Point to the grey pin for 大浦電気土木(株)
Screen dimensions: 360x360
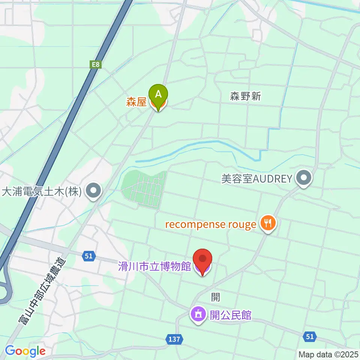click(x=94, y=191)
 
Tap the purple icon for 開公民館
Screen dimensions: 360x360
click(x=198, y=314)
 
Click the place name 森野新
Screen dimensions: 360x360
click(x=245, y=96)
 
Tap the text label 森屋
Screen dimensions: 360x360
click(x=136, y=102)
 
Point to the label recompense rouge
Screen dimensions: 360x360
click(x=211, y=225)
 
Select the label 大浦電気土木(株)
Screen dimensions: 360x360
click(x=42, y=192)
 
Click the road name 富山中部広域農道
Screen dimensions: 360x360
click(x=42, y=291)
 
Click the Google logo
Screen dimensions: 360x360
click(x=25, y=351)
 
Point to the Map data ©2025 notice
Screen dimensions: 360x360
click(x=328, y=354)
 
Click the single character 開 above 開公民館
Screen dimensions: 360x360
click(x=215, y=297)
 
